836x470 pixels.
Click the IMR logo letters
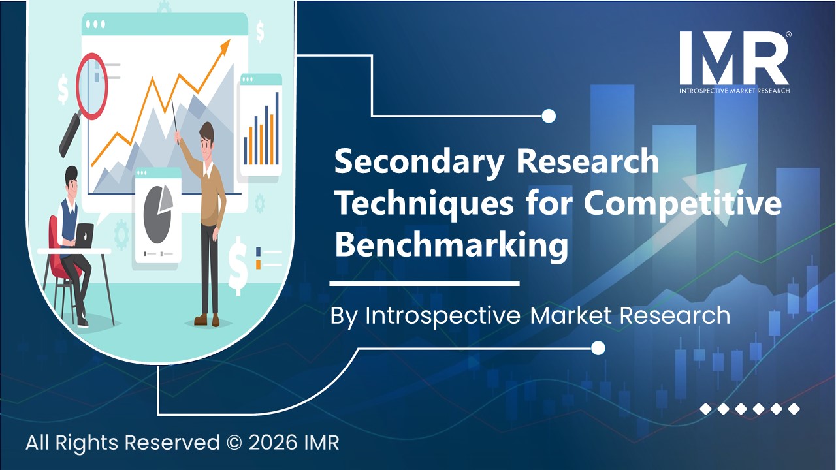733,57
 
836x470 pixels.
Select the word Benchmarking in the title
451,246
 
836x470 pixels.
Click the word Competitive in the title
682,204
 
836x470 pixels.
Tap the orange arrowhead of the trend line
225,45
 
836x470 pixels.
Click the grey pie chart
157,210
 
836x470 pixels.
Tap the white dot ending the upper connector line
549,116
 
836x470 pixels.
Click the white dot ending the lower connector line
598,348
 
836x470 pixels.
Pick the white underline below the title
424,284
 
